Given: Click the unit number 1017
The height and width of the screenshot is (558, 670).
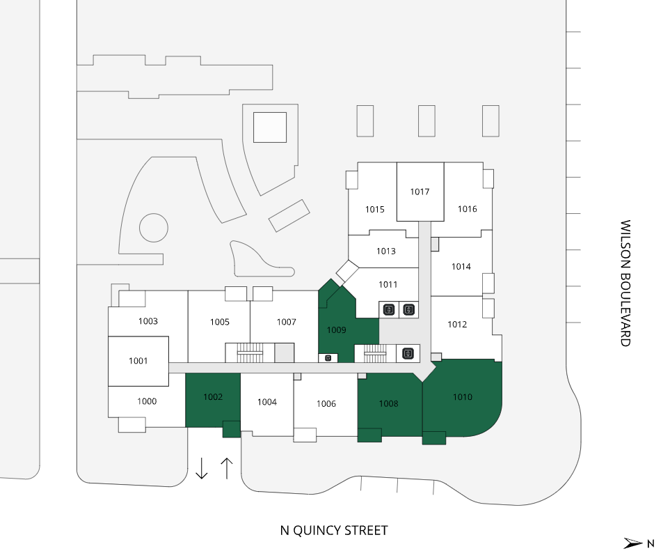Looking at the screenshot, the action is (x=420, y=192).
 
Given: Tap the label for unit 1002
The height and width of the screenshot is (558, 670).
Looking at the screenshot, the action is (x=213, y=397).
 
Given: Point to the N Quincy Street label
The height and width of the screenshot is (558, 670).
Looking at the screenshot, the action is (x=334, y=531).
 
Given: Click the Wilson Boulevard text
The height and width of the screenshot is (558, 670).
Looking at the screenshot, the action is (x=625, y=284).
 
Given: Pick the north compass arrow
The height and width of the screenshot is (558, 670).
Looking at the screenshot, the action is (x=633, y=543).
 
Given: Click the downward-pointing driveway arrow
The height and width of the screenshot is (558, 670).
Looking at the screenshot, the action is (x=201, y=468).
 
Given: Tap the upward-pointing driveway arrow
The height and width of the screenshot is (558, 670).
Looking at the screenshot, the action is (x=227, y=468).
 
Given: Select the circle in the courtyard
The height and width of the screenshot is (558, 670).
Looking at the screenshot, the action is (x=153, y=228).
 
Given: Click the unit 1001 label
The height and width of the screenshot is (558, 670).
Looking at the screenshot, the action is (x=138, y=361).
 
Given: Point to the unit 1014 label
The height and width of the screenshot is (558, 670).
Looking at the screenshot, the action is (x=461, y=267).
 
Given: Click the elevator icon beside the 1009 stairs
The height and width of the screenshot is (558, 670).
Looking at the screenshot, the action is (x=408, y=353).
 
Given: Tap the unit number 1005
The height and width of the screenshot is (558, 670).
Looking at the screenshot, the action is (x=220, y=322).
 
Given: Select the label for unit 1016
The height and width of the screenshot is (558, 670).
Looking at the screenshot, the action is (x=467, y=209).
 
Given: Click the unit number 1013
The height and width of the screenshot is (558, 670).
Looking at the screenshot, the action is (x=386, y=251).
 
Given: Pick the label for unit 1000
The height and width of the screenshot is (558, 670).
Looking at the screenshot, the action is (x=147, y=401).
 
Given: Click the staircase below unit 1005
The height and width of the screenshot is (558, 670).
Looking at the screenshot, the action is (x=250, y=352).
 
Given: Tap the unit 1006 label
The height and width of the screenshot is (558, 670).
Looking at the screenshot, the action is (x=326, y=404).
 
